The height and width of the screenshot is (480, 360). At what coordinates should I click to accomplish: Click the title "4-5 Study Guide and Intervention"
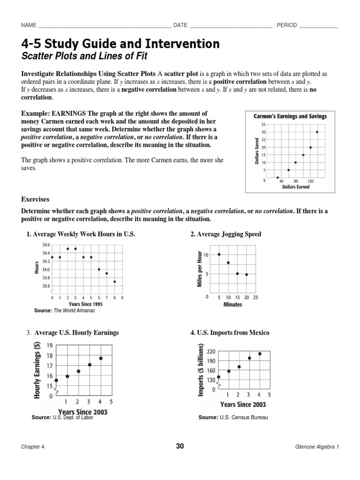[x=120, y=44]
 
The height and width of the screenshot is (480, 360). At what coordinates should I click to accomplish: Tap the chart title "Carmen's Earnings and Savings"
[x=290, y=116]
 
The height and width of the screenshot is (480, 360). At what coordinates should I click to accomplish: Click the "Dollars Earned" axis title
[x=295, y=187]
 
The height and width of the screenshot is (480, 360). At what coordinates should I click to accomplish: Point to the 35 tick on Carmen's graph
[x=264, y=125]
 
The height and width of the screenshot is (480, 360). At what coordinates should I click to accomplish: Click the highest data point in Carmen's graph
[x=317, y=132]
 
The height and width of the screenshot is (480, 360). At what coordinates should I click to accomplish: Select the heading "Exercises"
[x=35, y=199]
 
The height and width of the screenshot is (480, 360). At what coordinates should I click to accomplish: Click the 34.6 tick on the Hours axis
[x=45, y=245]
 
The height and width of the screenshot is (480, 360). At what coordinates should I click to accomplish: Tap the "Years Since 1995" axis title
[x=85, y=304]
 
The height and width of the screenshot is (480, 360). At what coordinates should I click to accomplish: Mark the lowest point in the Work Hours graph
[x=115, y=282]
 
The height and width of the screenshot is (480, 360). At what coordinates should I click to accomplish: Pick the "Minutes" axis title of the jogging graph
[x=232, y=304]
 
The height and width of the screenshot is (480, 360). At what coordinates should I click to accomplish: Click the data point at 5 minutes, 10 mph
[x=219, y=255]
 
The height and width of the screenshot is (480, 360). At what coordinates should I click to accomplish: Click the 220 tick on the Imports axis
[x=210, y=351]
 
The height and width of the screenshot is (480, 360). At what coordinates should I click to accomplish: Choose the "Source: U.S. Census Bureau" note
[x=233, y=417]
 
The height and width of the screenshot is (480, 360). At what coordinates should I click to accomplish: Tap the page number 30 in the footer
[x=180, y=446]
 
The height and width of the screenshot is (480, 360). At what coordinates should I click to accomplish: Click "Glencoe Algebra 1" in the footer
[x=314, y=447]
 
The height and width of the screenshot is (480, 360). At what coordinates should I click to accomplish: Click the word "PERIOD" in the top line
[x=287, y=25]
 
